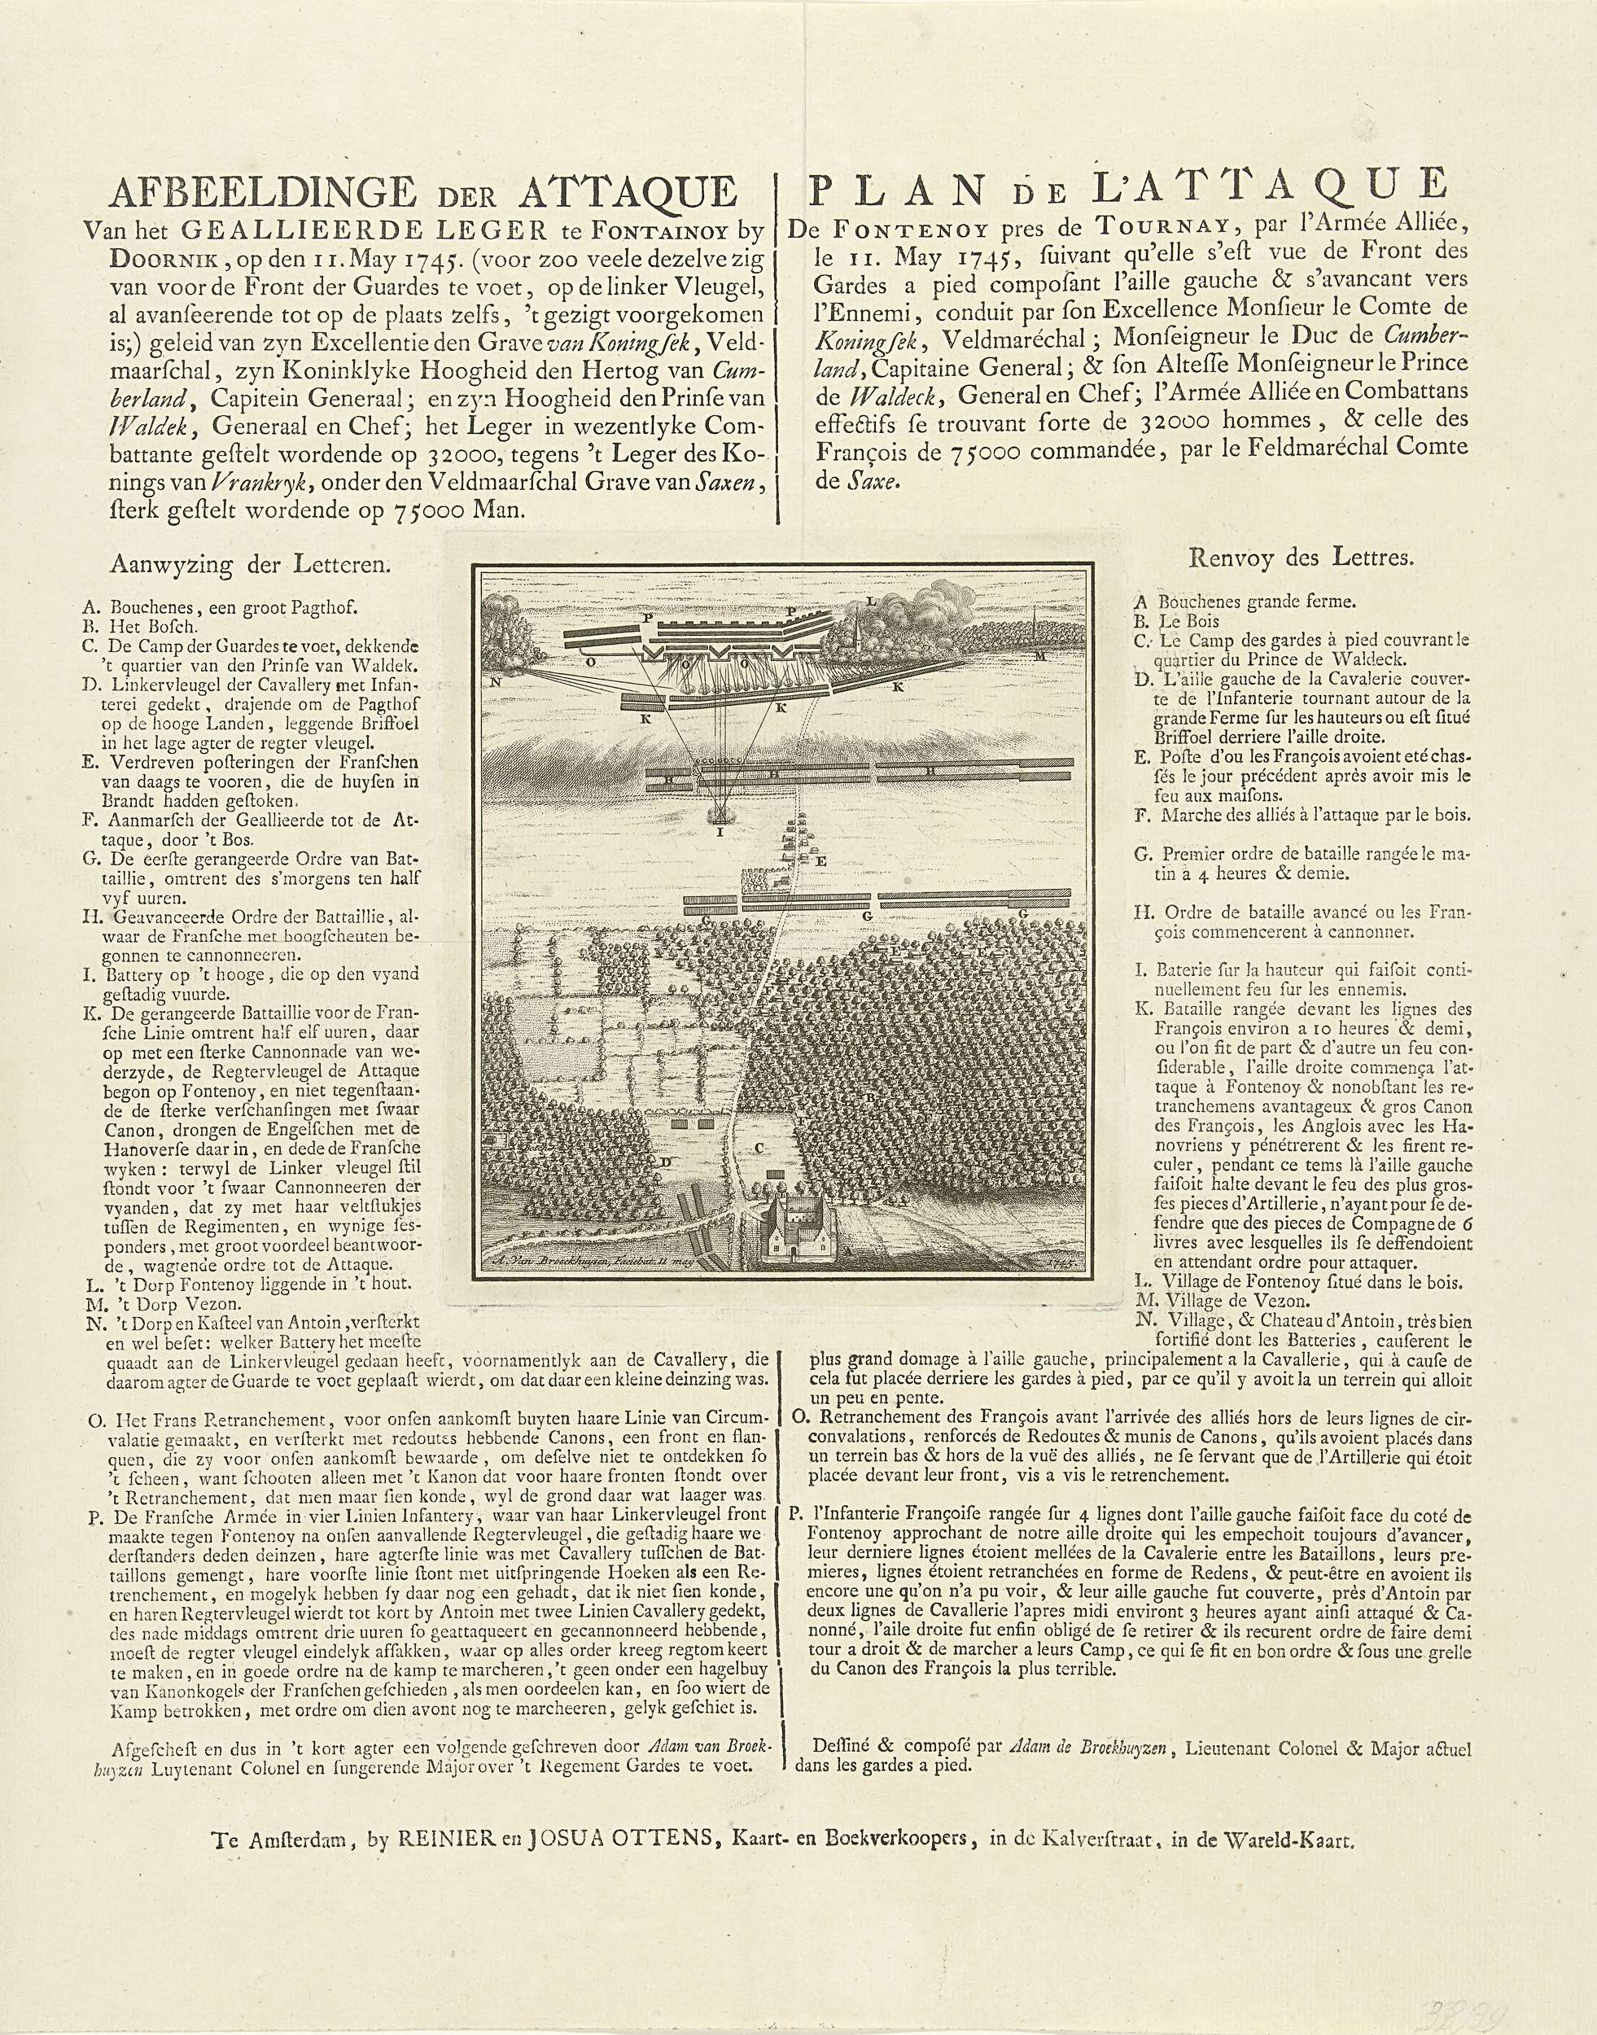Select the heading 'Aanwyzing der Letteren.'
coord(251,564)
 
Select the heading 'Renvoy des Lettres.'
coord(1301,559)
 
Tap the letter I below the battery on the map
coord(719,829)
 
